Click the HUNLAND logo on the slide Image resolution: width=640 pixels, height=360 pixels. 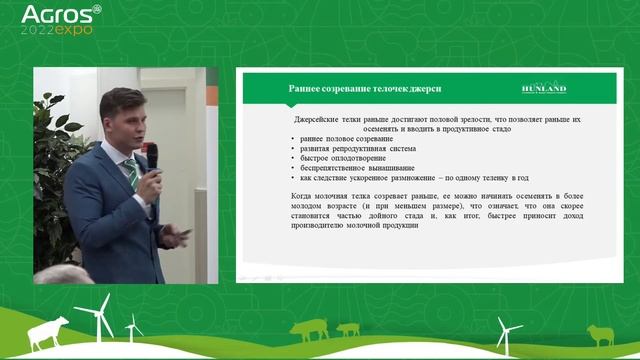pyautogui.click(x=545, y=88)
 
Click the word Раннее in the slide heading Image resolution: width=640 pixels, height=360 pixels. pyautogui.click(x=305, y=88)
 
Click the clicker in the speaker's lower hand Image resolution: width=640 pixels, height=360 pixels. pyautogui.click(x=182, y=233)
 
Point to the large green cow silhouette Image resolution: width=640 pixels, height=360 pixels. pyautogui.click(x=309, y=329)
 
